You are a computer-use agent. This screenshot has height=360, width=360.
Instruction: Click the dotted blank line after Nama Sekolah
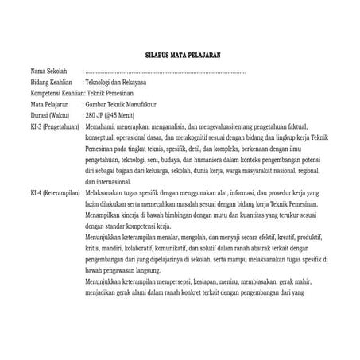[x=167, y=72]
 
